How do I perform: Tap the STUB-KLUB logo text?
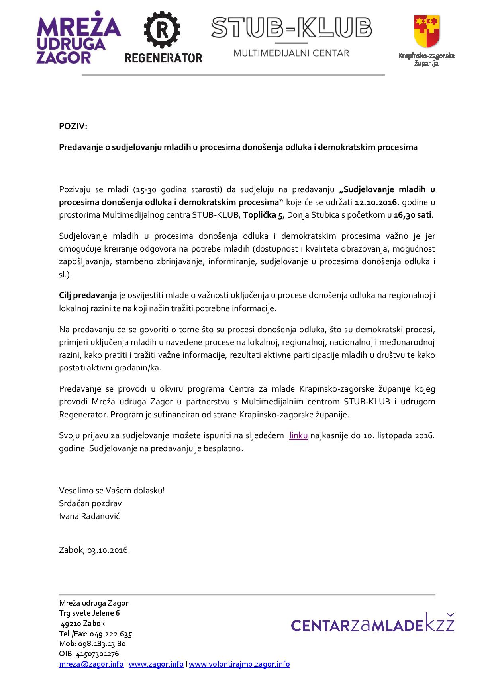click(291, 28)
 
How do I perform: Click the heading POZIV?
click(73, 126)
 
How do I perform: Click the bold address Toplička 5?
click(263, 215)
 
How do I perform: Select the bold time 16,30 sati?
click(413, 215)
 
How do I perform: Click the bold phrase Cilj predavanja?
click(88, 295)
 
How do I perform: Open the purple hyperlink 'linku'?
click(298, 435)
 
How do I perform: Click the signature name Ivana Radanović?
click(89, 516)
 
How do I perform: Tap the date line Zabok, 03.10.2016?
click(94, 550)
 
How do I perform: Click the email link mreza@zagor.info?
click(91, 664)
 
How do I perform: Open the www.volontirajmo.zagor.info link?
click(239, 664)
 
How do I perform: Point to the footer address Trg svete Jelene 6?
click(89, 613)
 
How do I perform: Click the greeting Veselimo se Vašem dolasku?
click(112, 490)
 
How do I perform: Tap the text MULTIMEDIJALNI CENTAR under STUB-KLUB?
click(291, 53)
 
